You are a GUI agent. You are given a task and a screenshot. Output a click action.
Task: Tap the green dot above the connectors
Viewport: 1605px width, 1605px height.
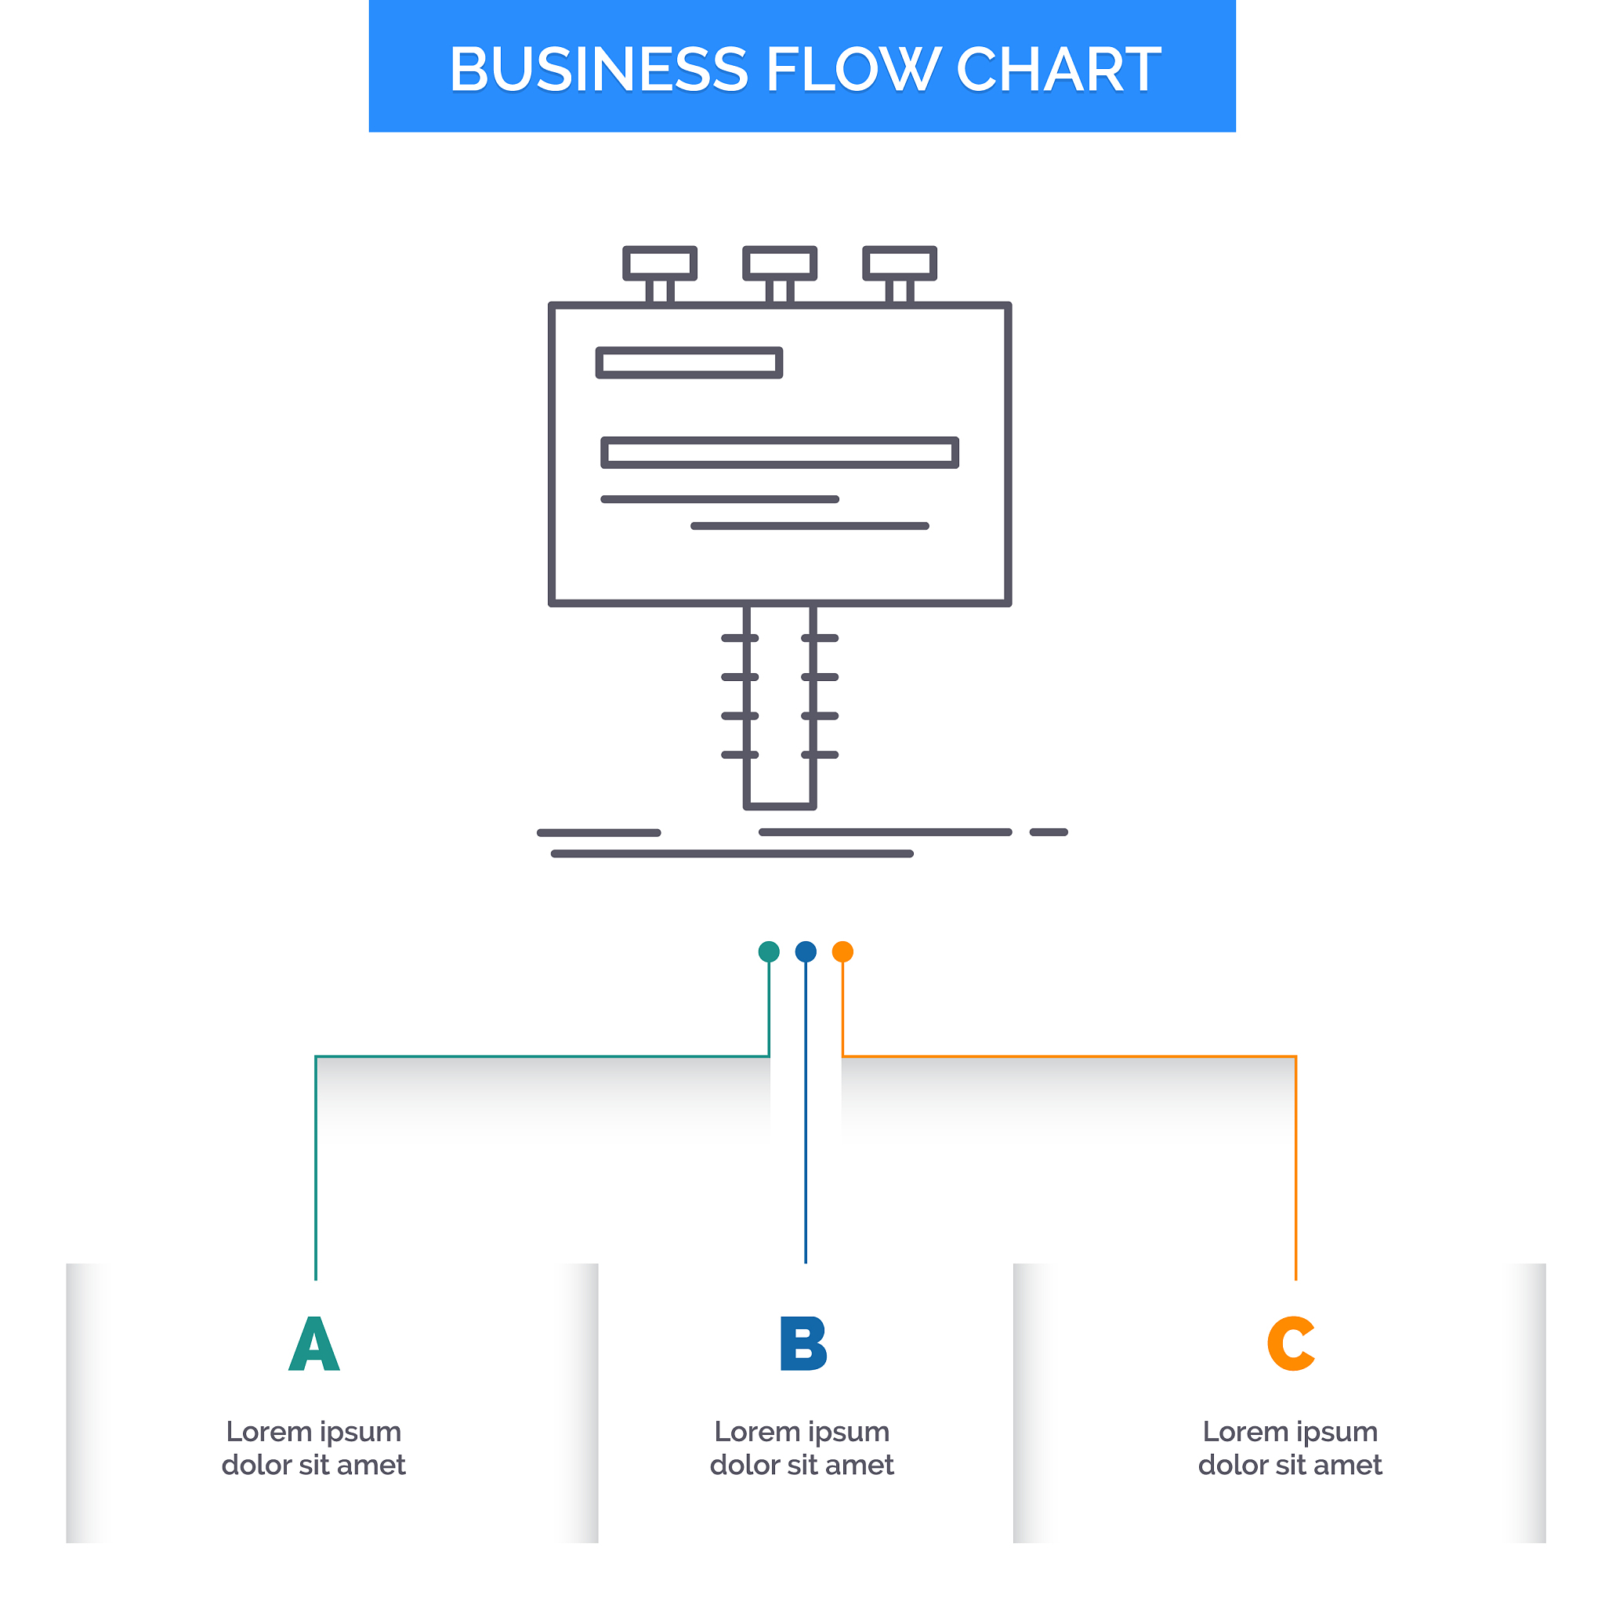(770, 952)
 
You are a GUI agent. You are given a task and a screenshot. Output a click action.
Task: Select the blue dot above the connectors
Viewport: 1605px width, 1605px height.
(806, 952)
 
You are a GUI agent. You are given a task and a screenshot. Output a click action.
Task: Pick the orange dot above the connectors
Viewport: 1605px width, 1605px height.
(842, 952)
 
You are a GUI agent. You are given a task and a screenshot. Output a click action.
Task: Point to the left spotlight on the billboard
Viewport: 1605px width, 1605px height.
(661, 263)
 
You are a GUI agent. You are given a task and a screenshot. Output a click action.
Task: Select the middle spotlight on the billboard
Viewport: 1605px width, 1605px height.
(780, 263)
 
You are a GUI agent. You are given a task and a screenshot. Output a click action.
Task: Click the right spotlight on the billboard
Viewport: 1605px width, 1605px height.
(900, 263)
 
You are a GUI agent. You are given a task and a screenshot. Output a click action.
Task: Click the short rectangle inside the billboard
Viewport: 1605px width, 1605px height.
(690, 363)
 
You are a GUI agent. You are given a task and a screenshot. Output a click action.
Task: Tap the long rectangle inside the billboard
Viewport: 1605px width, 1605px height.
(780, 453)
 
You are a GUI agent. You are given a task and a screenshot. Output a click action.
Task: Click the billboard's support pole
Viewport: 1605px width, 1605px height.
(780, 706)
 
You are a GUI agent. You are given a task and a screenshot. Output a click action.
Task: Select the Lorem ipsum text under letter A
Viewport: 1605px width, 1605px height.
(314, 1448)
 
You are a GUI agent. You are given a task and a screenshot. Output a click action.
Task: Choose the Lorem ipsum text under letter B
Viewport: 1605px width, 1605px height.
(802, 1448)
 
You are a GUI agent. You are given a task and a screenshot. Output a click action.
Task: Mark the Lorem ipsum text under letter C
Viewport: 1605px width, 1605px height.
(1290, 1448)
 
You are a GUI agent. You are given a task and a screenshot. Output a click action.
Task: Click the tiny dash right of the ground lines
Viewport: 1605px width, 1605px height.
(1049, 832)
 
